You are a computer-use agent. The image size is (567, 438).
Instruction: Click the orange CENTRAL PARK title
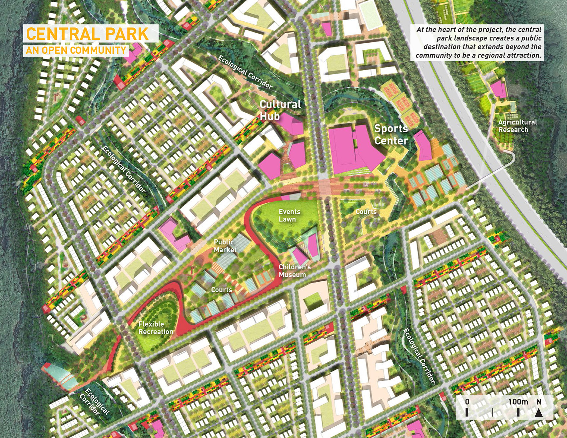tap(87, 34)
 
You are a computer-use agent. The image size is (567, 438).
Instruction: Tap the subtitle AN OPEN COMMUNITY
tap(76, 50)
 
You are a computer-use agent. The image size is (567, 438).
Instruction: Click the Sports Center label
tap(391, 134)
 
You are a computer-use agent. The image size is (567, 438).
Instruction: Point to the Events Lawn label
tap(289, 215)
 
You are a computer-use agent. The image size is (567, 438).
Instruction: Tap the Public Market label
tap(225, 246)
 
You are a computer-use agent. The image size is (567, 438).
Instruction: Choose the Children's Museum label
tap(295, 271)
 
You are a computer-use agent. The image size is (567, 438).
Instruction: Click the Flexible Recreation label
tap(155, 328)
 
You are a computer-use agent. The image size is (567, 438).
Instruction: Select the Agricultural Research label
tap(517, 126)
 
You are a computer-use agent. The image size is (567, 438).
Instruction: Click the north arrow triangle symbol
tap(539, 413)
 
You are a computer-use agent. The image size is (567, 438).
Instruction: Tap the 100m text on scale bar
tap(518, 402)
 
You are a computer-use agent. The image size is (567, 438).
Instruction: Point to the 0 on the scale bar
tap(467, 402)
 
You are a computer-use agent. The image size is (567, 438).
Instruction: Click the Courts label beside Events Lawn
tap(366, 212)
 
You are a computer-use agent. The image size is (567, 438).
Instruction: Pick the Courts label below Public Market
tap(221, 290)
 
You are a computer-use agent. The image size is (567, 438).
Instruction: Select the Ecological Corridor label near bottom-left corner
tap(94, 402)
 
